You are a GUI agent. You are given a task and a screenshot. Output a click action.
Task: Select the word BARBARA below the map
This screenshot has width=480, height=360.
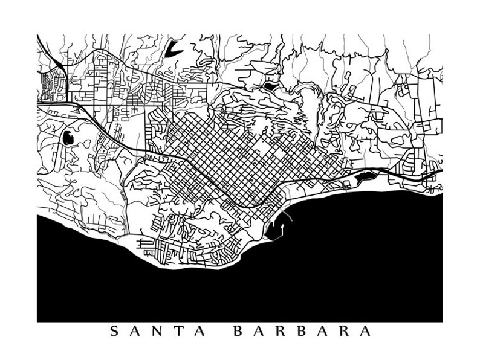(x=302, y=331)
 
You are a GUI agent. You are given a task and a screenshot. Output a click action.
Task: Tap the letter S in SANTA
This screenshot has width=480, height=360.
(x=114, y=331)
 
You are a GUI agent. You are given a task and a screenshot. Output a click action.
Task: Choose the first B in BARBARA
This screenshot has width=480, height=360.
(x=238, y=331)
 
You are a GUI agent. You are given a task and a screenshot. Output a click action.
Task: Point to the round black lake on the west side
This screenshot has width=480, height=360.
(x=68, y=138)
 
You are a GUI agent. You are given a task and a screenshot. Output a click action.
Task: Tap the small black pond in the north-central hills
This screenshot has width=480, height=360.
(x=268, y=86)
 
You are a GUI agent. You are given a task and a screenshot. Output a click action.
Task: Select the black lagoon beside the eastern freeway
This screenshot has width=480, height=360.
(x=365, y=177)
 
